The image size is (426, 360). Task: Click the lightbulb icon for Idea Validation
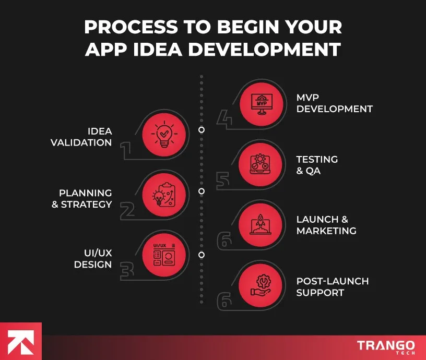pyautogui.click(x=164, y=135)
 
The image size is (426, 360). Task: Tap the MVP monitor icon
pyautogui.click(x=262, y=104)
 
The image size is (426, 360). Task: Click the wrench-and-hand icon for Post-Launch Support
pyautogui.click(x=261, y=285)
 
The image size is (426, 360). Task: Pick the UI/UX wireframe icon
pyautogui.click(x=164, y=255)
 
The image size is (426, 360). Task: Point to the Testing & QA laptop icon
pyautogui.click(x=260, y=164)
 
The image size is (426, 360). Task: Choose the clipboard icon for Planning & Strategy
pyautogui.click(x=164, y=195)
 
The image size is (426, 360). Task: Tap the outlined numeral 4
pyautogui.click(x=224, y=118)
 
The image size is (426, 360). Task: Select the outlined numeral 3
pyautogui.click(x=127, y=271)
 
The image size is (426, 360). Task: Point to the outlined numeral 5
pyautogui.click(x=223, y=181)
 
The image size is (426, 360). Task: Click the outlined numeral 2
pyautogui.click(x=127, y=211)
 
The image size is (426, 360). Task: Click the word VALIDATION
pyautogui.click(x=81, y=142)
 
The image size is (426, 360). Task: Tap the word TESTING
pyautogui.click(x=317, y=159)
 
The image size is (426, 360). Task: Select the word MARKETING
pyautogui.click(x=326, y=231)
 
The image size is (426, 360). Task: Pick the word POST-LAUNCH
pyautogui.click(x=333, y=281)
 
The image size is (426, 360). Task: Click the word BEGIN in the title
pyautogui.click(x=248, y=27)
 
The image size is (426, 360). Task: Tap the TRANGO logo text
pyautogui.click(x=386, y=345)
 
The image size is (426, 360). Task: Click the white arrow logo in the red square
pyautogui.click(x=21, y=342)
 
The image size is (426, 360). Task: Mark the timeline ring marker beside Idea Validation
pyautogui.click(x=202, y=130)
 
